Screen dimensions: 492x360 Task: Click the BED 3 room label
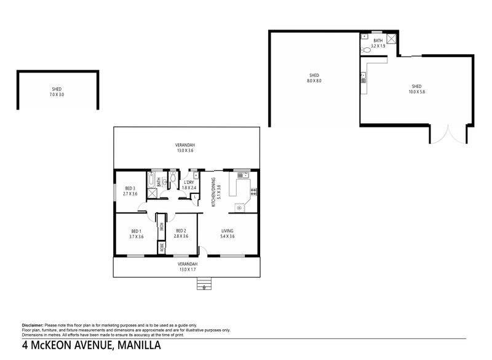coord(130,188)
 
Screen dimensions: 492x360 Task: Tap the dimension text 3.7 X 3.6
coord(136,237)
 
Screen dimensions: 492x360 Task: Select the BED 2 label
coord(181,231)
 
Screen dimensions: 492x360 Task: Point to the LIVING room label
coord(228,231)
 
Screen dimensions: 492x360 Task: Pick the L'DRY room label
coord(189,182)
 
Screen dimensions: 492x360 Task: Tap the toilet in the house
coord(173,177)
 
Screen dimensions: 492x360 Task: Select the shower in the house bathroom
coord(152,193)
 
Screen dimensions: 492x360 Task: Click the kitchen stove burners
coord(253,192)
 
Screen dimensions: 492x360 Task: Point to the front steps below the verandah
coord(204,284)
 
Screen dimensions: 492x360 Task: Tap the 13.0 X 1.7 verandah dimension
coord(188,270)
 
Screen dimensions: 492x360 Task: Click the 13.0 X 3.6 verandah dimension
coord(185,151)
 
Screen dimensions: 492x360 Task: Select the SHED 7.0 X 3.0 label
coord(57,92)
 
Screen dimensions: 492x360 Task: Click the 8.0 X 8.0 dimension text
coord(314,81)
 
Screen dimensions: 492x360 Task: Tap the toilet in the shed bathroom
coord(365,50)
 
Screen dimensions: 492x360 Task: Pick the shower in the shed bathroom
coord(391,39)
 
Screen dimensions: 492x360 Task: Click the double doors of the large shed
coord(448,135)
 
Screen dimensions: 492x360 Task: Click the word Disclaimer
coord(33,326)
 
